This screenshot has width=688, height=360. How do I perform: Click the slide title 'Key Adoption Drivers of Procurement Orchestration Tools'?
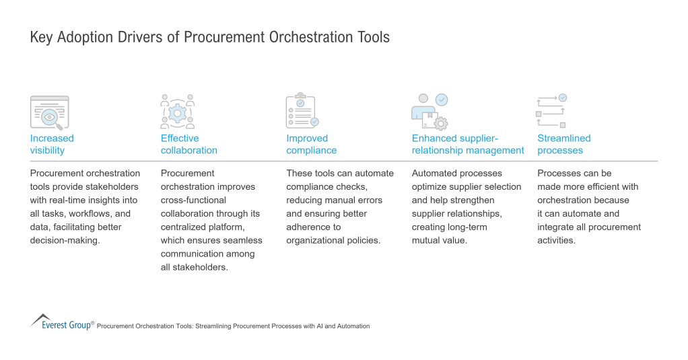click(209, 37)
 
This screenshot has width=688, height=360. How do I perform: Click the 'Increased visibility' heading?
click(52, 144)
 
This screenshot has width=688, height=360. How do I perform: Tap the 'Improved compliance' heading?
click(311, 144)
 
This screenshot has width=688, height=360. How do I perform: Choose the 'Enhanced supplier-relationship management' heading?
click(467, 144)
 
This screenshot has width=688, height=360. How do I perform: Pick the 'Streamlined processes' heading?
click(563, 144)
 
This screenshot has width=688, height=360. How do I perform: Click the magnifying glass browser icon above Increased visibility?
click(49, 112)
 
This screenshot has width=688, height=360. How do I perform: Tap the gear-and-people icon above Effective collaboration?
click(177, 112)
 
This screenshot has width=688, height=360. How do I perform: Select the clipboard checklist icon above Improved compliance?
click(302, 112)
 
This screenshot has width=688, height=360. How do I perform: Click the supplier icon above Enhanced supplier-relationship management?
click(429, 112)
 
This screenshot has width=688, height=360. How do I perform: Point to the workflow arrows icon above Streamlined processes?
click(551, 112)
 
